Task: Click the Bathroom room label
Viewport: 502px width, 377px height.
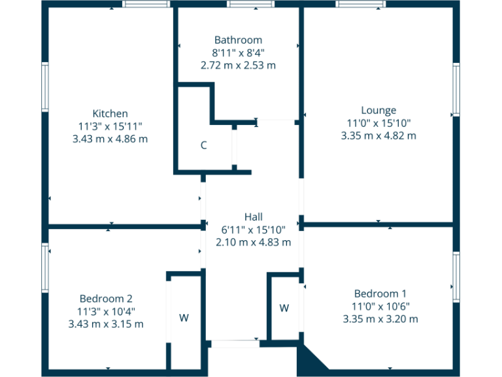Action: [238, 40]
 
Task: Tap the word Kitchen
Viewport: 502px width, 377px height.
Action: [110, 113]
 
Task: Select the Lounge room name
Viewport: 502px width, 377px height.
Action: [378, 110]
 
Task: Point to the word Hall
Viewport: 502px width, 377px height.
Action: [253, 217]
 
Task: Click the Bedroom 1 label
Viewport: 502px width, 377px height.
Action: [380, 293]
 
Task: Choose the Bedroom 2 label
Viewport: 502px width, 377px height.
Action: [106, 298]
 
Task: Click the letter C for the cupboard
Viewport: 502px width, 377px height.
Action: [204, 145]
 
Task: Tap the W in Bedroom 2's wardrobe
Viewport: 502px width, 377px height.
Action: [184, 318]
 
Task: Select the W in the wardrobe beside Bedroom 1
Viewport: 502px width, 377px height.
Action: [285, 308]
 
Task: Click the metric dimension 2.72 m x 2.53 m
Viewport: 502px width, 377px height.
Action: [238, 65]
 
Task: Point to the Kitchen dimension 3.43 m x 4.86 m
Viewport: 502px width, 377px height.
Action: [110, 139]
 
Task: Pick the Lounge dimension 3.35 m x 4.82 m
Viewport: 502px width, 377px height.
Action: [378, 135]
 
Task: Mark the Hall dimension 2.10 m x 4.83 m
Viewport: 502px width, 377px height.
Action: [253, 242]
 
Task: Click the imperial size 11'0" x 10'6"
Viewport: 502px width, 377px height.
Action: [380, 306]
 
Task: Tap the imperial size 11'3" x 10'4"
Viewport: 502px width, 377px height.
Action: [106, 311]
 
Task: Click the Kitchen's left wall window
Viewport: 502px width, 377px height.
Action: [45, 86]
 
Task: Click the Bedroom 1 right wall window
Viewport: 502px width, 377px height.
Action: [456, 276]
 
